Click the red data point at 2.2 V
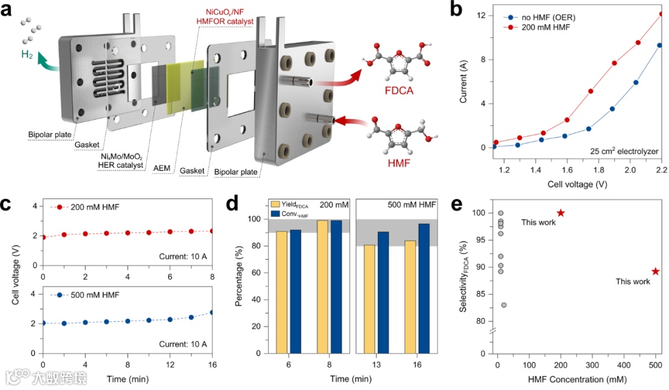coord(660,14)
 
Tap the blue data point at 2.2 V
coord(660,45)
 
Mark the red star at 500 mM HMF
coord(655,271)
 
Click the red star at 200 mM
coord(561,213)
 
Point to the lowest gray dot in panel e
coord(504,305)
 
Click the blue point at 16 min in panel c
coord(212,312)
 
